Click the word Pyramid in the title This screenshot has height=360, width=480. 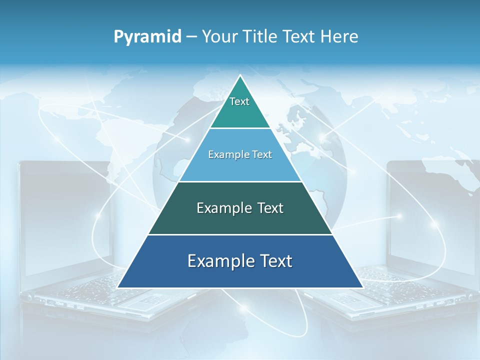pyautogui.click(x=147, y=37)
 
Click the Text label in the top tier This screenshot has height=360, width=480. pyautogui.click(x=239, y=101)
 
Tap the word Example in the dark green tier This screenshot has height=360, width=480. pyautogui.click(x=223, y=208)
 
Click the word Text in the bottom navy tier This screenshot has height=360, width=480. pyautogui.click(x=274, y=261)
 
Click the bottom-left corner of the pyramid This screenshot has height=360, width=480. pyautogui.click(x=118, y=287)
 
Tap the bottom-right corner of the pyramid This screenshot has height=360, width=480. pyautogui.click(x=362, y=287)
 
